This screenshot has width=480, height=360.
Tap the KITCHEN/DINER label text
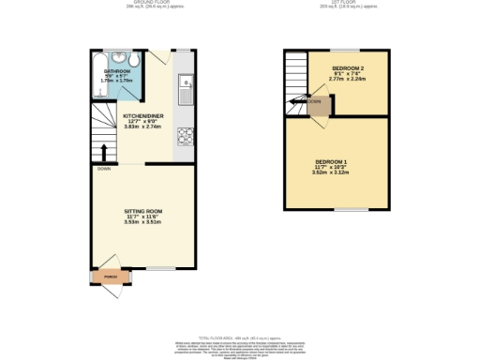click(x=143, y=115)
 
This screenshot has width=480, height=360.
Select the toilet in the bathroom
click(x=137, y=61)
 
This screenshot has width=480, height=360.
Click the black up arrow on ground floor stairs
click(x=102, y=151)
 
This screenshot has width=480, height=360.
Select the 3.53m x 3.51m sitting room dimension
click(x=144, y=223)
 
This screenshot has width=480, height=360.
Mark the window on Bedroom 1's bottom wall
click(x=352, y=208)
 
